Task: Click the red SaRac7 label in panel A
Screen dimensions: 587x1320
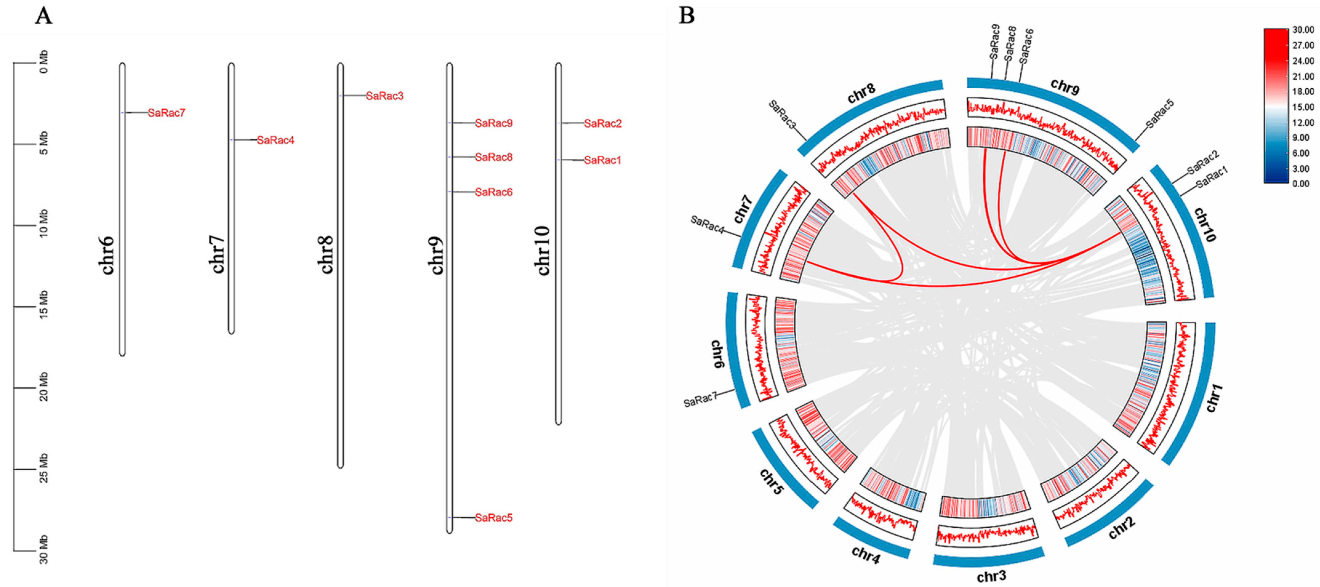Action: click(166, 113)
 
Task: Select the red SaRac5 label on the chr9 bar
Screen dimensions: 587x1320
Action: click(494, 518)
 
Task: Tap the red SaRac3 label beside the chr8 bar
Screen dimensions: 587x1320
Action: click(385, 96)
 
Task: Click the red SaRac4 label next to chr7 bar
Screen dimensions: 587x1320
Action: click(276, 140)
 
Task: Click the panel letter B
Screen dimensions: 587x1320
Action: click(687, 16)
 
